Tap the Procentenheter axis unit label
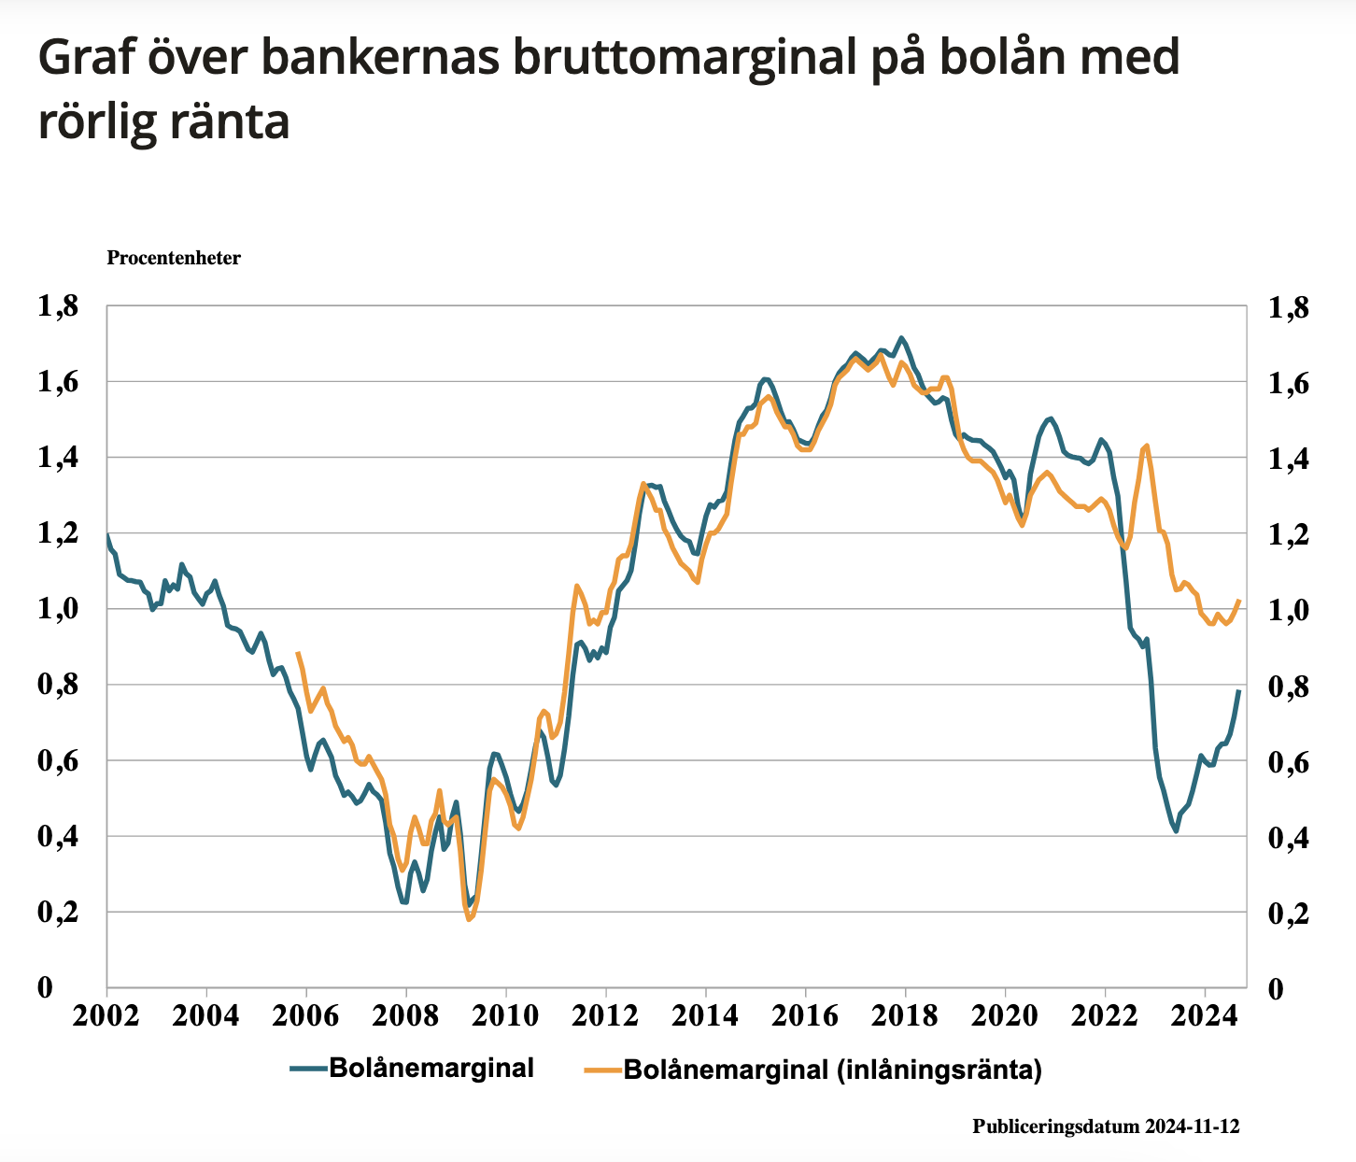click(174, 258)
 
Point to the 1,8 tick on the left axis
click(58, 306)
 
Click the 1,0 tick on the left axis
click(58, 610)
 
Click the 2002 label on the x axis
click(106, 1017)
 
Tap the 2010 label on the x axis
click(505, 1017)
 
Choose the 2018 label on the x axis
click(905, 1017)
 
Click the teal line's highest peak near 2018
click(900, 337)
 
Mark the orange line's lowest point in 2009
click(469, 920)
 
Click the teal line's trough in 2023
click(1177, 830)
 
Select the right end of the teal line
click(1239, 691)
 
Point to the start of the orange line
click(297, 653)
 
